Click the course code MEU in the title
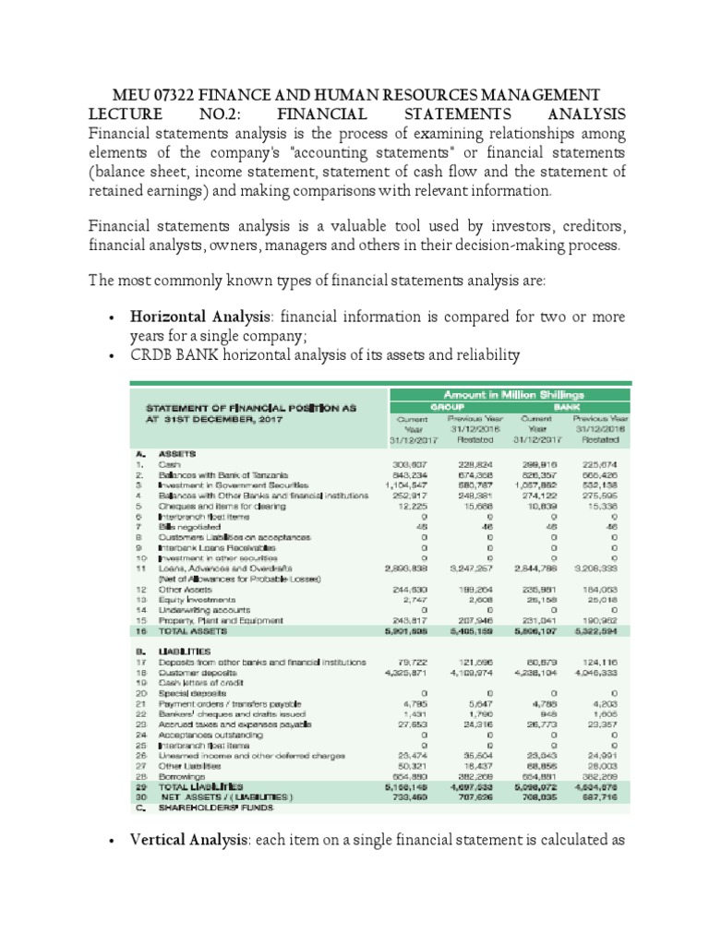(131, 95)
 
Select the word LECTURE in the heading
(126, 114)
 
